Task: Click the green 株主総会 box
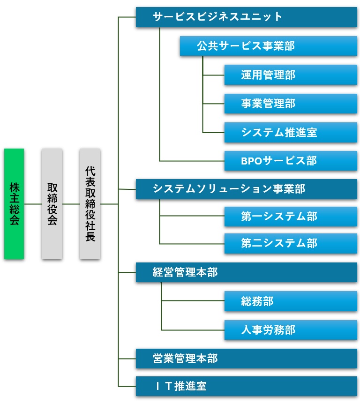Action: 14,204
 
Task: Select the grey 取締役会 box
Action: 52,204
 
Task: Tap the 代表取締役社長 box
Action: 90,204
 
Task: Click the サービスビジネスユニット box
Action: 246,17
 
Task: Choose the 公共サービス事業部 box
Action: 268,46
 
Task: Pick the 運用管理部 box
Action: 291,75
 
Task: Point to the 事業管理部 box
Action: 291,104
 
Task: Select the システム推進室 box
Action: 291,133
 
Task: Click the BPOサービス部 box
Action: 291,161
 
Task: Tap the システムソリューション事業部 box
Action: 246,188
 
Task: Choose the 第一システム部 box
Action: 291,217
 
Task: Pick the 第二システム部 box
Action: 291,243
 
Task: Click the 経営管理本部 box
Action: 246,272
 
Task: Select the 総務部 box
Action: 291,301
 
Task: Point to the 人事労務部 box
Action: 291,330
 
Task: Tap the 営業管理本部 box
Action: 246,359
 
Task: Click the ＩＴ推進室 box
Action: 246,386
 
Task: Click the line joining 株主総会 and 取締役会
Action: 33,204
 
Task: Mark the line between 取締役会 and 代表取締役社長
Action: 71,204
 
